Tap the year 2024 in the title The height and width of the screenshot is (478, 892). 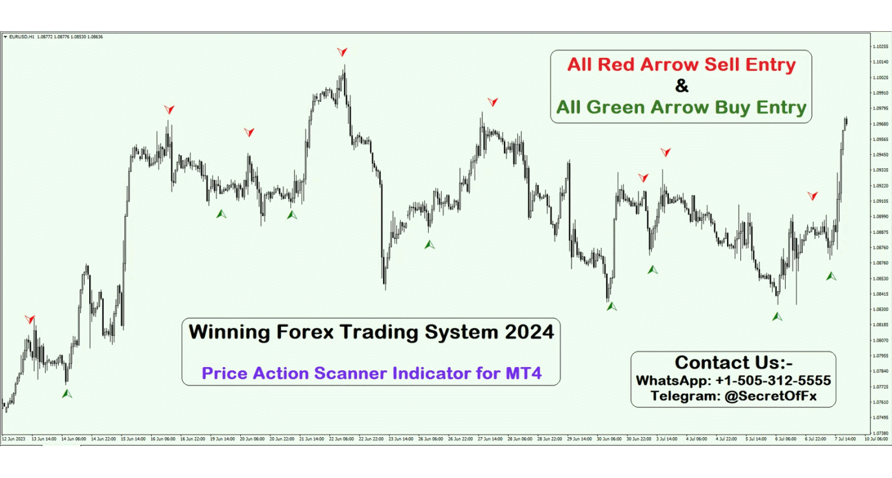[526, 332]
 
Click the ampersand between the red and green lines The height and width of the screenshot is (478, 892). [681, 85]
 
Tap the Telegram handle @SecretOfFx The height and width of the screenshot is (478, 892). [770, 396]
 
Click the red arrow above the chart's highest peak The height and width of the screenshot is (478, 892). [343, 52]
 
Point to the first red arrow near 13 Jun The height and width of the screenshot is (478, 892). [30, 319]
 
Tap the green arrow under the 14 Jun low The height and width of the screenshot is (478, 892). [67, 394]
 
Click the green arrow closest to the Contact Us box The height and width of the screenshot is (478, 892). [777, 316]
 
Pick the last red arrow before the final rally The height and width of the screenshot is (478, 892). [812, 196]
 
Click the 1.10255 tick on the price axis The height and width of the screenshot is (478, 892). [881, 47]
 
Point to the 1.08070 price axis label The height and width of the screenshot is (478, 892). [881, 340]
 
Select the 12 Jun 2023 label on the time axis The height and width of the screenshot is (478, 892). [13, 439]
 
